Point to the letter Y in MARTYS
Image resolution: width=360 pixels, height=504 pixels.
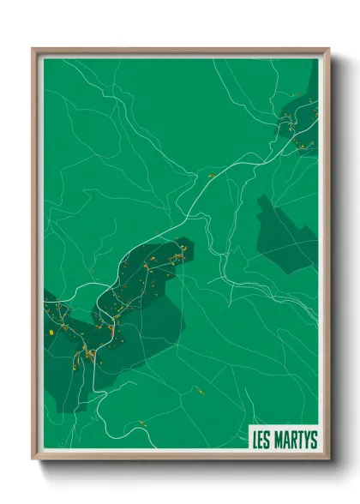click(306, 441)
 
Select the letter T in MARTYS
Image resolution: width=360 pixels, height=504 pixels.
click(299, 441)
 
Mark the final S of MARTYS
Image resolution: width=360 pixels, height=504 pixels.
click(314, 441)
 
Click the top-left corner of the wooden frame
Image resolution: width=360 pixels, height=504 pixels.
click(33, 49)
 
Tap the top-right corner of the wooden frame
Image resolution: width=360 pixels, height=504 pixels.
click(328, 49)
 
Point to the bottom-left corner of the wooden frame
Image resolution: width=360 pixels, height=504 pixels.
click(33, 461)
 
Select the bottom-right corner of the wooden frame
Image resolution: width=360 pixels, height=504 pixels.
click(328, 461)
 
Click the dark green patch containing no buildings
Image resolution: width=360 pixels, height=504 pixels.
click(286, 231)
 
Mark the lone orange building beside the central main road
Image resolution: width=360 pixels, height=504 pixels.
click(211, 176)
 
